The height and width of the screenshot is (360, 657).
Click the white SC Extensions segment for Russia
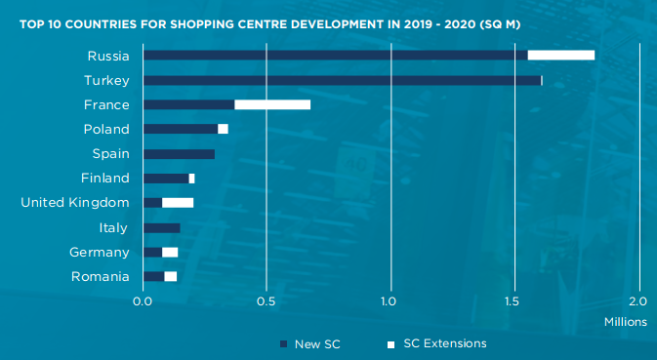click(561, 55)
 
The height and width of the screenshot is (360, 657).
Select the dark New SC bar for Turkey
click(342, 80)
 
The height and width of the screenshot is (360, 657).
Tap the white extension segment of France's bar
click(272, 104)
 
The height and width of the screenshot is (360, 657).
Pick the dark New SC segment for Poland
click(181, 129)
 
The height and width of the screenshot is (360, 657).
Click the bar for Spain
click(179, 153)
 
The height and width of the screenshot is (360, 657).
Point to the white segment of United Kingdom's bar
click(178, 203)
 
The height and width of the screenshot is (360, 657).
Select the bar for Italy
click(162, 227)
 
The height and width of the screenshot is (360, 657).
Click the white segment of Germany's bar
click(170, 253)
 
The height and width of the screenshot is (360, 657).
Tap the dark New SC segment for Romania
click(154, 277)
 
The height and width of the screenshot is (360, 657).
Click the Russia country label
click(107, 55)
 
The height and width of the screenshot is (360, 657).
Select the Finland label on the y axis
click(104, 178)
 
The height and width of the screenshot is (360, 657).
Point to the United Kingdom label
click(75, 203)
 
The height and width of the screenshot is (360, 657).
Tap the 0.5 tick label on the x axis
click(267, 300)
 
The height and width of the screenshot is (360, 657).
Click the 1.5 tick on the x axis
click(514, 300)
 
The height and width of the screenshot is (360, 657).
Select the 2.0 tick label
click(638, 300)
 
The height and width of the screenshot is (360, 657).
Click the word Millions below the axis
click(624, 321)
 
